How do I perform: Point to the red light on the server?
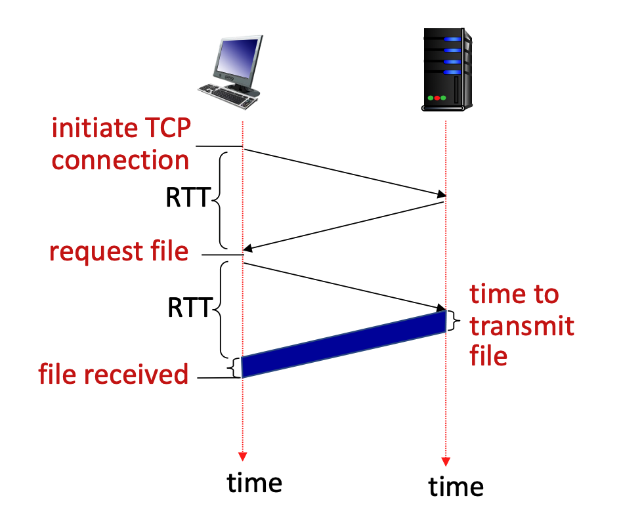click(x=437, y=98)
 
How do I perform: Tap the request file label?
click(x=119, y=251)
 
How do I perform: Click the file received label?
click(x=113, y=375)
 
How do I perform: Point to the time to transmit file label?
click(x=521, y=325)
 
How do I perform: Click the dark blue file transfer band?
click(x=344, y=344)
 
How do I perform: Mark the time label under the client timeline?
click(x=254, y=482)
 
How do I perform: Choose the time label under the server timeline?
click(x=456, y=486)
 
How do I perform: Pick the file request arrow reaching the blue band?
click(x=344, y=285)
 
